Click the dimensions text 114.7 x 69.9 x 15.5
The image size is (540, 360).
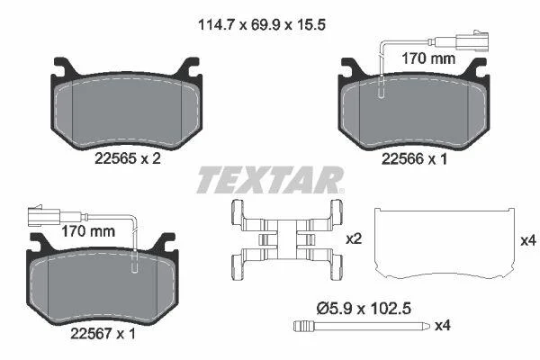coord(262,25)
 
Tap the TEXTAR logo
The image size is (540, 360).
coord(270,180)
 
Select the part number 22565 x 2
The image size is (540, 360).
coord(128,158)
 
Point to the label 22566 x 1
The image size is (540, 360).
coord(414,158)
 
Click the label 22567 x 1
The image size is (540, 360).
coord(103,334)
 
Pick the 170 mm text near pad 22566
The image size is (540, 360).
coord(428,58)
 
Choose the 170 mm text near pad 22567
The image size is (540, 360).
coord(88,231)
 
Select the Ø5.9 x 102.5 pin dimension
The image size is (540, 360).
coord(364,309)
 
